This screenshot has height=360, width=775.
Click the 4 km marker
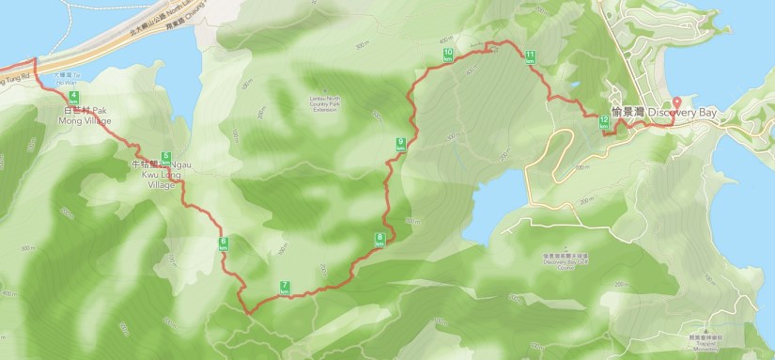pos(72,97)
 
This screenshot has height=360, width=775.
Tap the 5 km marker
pos(165,157)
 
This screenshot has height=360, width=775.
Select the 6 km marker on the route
pos(224,243)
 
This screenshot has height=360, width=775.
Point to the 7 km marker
pos(284,287)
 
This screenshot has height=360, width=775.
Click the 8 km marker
pos(380,239)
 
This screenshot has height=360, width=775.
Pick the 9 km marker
pos(401,144)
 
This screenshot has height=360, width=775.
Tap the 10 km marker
pos(447,55)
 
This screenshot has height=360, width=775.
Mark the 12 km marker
pos(603,122)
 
